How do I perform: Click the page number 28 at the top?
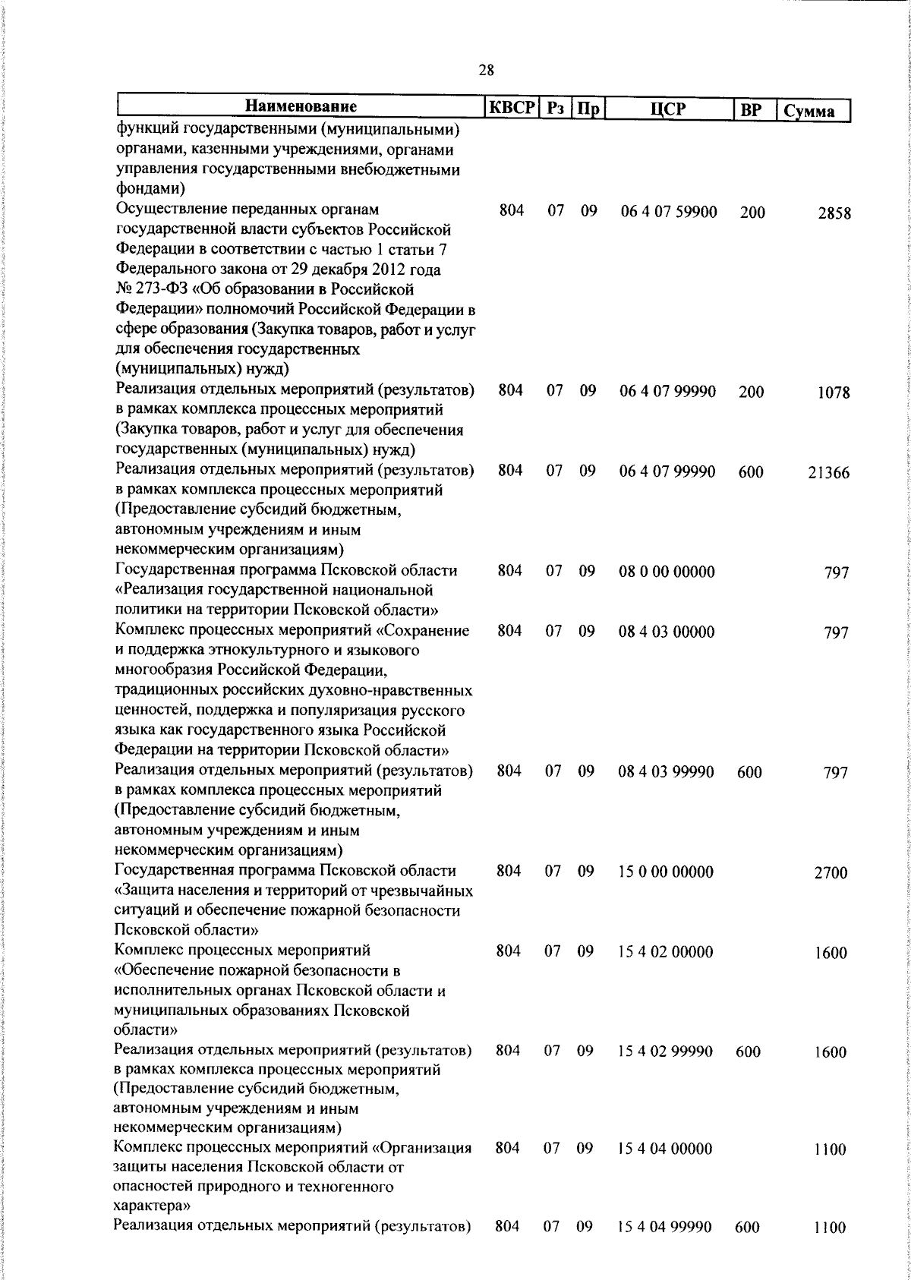(x=486, y=71)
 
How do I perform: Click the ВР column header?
(x=750, y=109)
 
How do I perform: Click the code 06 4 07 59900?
(x=668, y=212)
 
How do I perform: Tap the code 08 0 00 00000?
(x=667, y=572)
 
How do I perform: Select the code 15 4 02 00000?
(x=666, y=952)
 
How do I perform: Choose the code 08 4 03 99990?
(x=666, y=771)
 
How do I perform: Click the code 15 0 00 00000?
(x=666, y=872)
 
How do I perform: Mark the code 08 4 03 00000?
(x=666, y=632)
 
